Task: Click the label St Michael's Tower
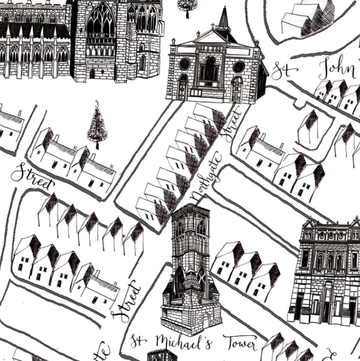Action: (x=193, y=342)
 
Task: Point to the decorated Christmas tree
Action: (x=97, y=126)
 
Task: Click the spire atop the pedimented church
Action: (x=224, y=20)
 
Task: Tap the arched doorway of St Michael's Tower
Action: (x=206, y=320)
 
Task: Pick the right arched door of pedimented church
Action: (x=236, y=88)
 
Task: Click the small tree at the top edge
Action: (x=186, y=5)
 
